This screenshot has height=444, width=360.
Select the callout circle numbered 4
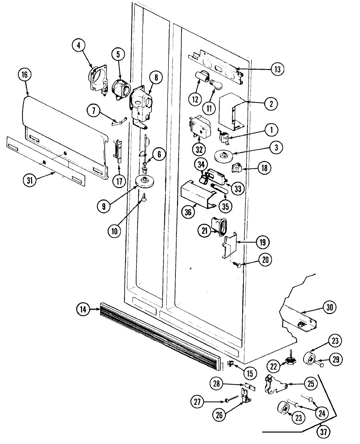(x=79, y=46)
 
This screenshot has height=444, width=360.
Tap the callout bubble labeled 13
(x=278, y=69)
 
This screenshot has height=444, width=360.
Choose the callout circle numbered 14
(x=83, y=309)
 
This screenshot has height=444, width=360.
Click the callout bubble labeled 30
(x=330, y=307)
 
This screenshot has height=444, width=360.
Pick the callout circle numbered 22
(x=274, y=366)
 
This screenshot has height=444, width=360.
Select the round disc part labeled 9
(x=145, y=181)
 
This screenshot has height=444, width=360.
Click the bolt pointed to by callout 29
(x=319, y=363)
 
